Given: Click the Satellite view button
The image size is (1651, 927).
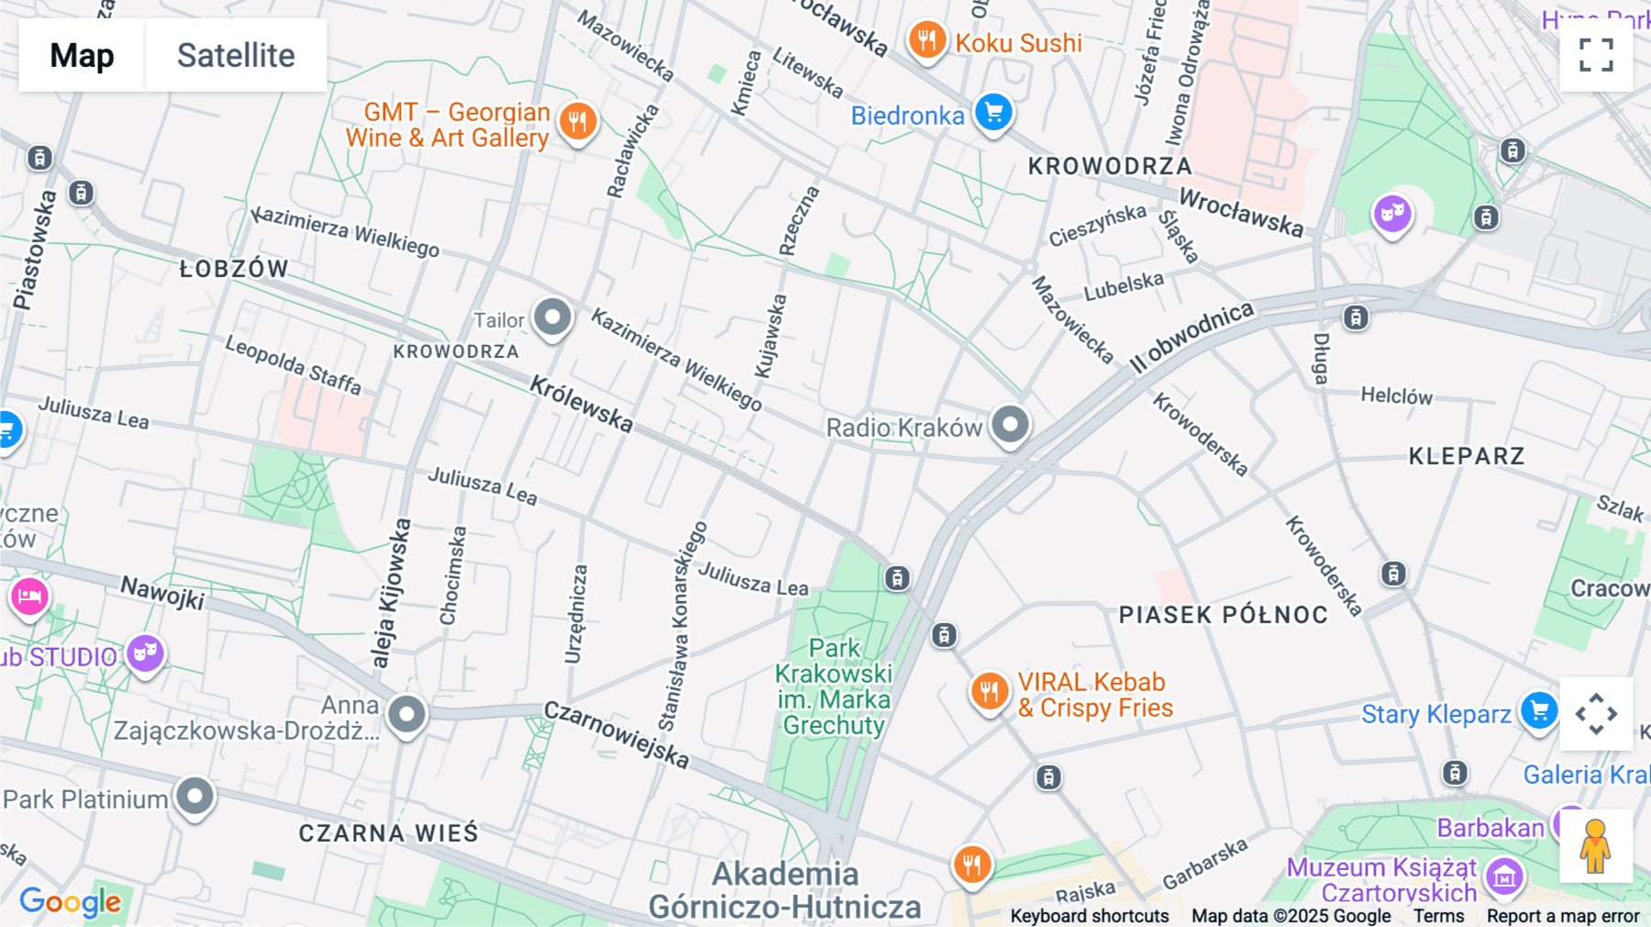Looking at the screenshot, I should tap(236, 55).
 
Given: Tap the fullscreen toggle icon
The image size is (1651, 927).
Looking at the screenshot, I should tap(1596, 55).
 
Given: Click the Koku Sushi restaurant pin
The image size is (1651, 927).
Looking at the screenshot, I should tap(927, 40).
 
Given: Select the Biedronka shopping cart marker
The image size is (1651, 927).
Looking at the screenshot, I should tap(993, 113).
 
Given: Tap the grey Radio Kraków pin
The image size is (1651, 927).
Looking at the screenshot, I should tap(1010, 425).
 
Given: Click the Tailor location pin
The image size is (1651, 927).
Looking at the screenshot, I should tap(552, 318).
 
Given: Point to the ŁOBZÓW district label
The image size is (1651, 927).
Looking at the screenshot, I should tap(234, 269).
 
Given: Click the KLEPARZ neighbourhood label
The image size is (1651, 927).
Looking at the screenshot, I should tap(1466, 456).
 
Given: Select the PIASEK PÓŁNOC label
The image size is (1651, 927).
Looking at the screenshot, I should tap(1223, 615).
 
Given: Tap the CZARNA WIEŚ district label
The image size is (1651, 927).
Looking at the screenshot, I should tap(388, 833).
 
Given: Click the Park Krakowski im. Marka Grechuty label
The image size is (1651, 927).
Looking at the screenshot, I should tap(834, 687).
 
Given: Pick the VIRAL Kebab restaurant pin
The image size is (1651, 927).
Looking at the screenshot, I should tap(989, 691).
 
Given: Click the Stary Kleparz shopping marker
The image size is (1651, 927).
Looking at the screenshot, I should tap(1538, 711).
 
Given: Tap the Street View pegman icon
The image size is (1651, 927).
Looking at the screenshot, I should tap(1595, 846).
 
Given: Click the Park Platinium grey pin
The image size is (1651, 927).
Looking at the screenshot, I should tap(194, 796).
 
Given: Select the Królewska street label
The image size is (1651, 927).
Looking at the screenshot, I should tap(582, 404).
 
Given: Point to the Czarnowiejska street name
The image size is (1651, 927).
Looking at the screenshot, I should tap(615, 734).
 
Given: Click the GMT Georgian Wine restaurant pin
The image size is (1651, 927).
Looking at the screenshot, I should tap(577, 121).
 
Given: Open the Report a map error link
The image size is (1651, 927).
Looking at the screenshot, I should tap(1562, 916).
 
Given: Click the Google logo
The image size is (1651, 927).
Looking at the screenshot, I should tap(71, 901).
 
